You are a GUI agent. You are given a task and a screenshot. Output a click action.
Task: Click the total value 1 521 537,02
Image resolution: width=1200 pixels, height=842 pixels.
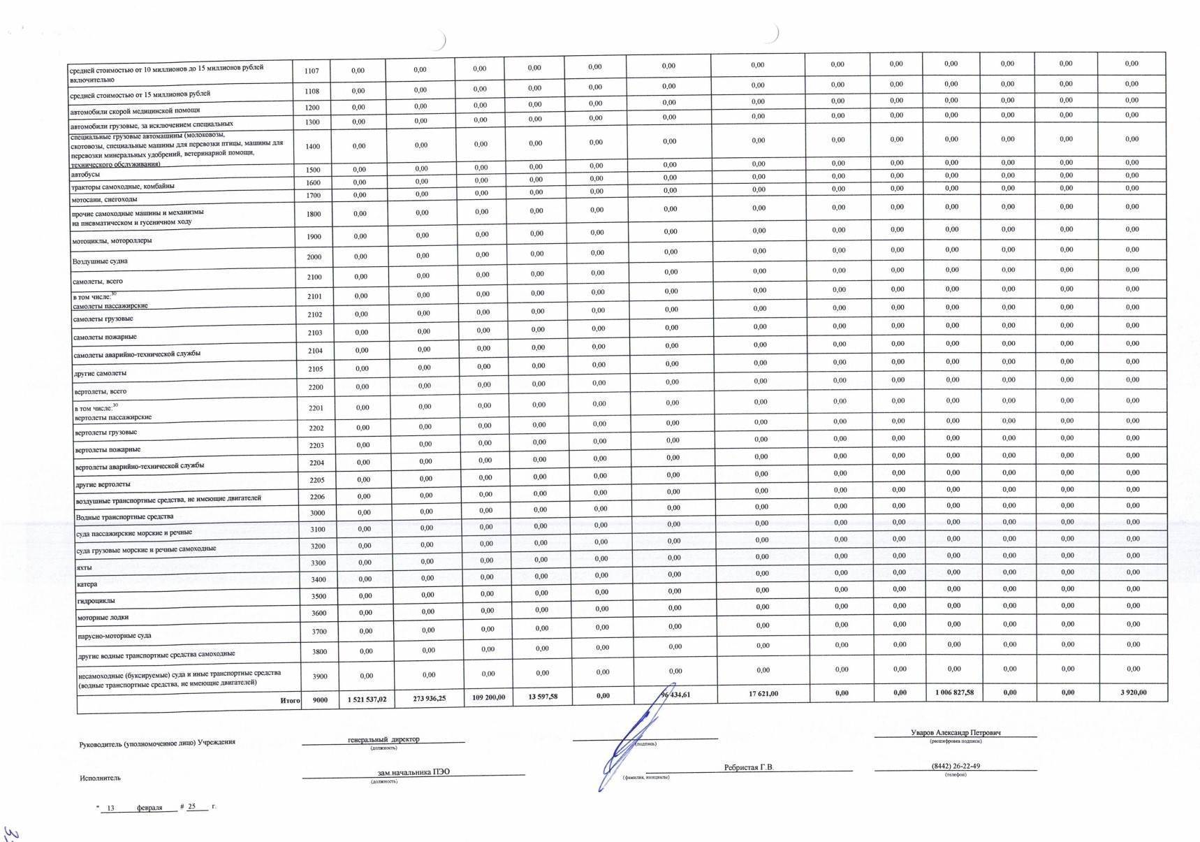(367, 699)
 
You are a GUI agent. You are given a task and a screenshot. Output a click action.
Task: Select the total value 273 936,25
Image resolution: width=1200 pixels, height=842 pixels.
(429, 698)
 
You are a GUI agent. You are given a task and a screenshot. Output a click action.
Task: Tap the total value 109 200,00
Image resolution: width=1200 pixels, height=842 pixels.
(488, 697)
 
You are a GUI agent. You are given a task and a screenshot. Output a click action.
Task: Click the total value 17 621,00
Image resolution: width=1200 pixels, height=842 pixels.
(763, 694)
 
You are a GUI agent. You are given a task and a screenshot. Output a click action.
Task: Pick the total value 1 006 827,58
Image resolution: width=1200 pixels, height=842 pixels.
(954, 692)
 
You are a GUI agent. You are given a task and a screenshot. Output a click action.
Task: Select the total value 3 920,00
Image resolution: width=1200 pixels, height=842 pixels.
(1132, 692)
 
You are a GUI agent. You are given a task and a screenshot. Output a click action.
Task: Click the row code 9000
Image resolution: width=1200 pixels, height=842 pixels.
(320, 699)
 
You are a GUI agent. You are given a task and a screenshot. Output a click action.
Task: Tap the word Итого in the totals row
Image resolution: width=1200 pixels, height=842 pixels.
(290, 700)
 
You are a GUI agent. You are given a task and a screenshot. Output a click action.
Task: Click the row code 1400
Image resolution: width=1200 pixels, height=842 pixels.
(313, 147)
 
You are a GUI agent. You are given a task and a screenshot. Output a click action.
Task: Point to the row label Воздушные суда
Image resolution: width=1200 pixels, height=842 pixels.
(100, 261)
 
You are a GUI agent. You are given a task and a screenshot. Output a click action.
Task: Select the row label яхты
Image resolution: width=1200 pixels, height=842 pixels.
(84, 567)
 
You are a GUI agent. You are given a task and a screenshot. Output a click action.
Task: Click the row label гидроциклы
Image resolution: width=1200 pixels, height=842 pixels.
(96, 600)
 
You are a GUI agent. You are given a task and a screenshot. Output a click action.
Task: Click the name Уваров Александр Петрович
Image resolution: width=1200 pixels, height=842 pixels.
(956, 732)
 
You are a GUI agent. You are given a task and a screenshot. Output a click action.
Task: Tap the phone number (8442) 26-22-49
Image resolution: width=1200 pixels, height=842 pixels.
(956, 766)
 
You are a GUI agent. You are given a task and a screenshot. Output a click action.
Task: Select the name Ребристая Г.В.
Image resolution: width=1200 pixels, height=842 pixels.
(749, 767)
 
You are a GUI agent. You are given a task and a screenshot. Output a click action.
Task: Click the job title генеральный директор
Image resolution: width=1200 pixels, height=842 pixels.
(383, 739)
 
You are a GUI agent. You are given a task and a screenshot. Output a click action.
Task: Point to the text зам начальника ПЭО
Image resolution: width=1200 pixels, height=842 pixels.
(414, 772)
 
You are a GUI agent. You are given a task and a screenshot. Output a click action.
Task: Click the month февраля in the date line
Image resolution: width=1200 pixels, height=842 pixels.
(149, 808)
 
